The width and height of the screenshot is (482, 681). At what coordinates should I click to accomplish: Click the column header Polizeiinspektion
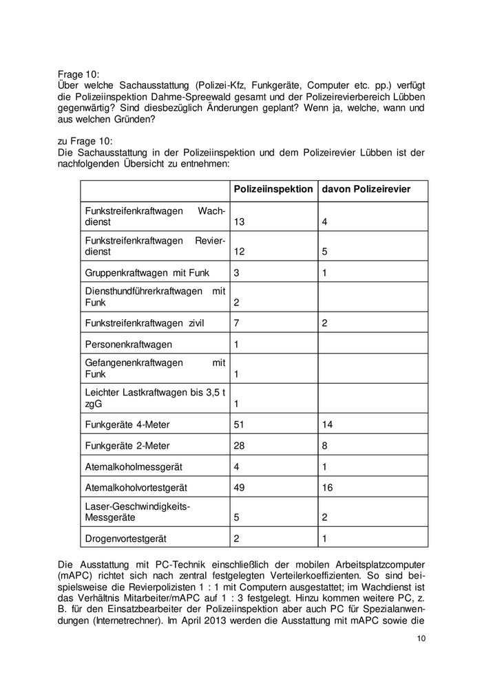pyautogui.click(x=273, y=189)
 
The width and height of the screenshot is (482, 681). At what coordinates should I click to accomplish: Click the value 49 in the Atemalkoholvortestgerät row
pyautogui.click(x=239, y=487)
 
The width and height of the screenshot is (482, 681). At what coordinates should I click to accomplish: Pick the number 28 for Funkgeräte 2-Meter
pyautogui.click(x=239, y=445)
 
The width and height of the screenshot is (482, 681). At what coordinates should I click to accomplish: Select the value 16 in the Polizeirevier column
pyautogui.click(x=327, y=487)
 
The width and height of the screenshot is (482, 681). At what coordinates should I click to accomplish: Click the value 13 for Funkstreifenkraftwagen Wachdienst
pyautogui.click(x=239, y=222)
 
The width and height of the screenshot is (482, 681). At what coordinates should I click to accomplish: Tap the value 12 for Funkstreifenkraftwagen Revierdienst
pyautogui.click(x=239, y=252)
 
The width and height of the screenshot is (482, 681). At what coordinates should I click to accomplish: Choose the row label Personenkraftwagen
pyautogui.click(x=128, y=344)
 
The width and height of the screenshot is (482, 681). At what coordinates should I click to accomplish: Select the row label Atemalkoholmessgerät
pyautogui.click(x=132, y=466)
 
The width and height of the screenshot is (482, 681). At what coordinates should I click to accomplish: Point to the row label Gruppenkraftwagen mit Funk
pyautogui.click(x=146, y=272)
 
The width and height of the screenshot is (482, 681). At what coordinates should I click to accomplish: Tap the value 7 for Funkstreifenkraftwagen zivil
pyautogui.click(x=237, y=323)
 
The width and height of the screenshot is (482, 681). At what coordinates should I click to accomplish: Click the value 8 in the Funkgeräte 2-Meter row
pyautogui.click(x=325, y=445)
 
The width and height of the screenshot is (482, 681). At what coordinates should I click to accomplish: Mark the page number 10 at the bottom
pyautogui.click(x=421, y=639)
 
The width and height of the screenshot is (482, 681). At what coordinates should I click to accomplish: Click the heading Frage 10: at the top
pyautogui.click(x=78, y=74)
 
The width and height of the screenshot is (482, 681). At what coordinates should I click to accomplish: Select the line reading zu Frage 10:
pyautogui.click(x=84, y=141)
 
